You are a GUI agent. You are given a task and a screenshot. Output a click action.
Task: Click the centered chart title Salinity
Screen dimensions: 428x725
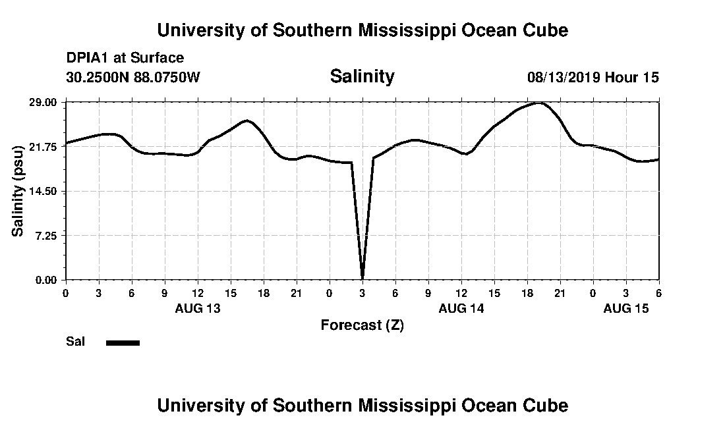[x=362, y=76]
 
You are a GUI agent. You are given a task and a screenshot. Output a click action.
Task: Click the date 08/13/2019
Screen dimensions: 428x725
[x=563, y=77]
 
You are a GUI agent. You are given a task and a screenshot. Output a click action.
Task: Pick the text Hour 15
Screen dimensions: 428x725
[x=632, y=77]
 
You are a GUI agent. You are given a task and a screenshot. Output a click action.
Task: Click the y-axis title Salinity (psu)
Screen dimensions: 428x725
[x=18, y=191]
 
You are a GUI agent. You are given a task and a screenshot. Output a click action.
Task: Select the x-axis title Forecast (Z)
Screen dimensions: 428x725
[x=362, y=325]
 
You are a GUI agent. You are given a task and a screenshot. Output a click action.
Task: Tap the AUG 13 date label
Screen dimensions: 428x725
[x=198, y=308]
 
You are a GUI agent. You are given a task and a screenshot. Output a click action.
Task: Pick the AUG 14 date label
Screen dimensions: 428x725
[x=461, y=308]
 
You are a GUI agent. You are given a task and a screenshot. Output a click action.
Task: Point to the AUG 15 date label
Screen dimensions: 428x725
[x=626, y=308]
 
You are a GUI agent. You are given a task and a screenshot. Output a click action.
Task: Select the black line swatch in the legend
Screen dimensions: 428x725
[x=123, y=342]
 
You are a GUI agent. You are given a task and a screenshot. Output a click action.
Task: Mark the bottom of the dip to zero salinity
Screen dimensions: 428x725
[x=362, y=278]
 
